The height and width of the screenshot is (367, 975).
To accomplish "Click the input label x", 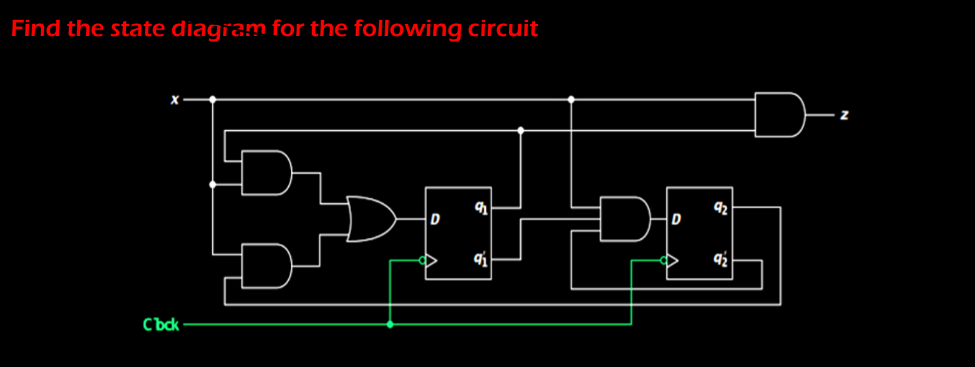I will pyautogui.click(x=174, y=101).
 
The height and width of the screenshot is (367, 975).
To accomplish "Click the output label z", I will pyautogui.click(x=845, y=115).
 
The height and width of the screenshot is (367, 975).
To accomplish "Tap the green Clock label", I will pyautogui.click(x=161, y=325).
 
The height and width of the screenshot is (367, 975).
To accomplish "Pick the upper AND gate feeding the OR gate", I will pyautogui.click(x=266, y=173).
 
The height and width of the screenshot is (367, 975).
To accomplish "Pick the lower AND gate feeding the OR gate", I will pyautogui.click(x=266, y=266).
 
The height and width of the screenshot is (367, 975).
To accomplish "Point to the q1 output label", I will pyautogui.click(x=479, y=207).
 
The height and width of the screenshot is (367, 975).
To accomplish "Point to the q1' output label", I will pyautogui.click(x=479, y=259).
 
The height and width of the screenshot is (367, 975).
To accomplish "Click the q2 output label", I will pyautogui.click(x=721, y=207).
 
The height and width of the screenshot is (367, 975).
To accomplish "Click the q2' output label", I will pyautogui.click(x=721, y=259).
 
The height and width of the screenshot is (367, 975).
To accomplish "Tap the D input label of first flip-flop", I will pyautogui.click(x=435, y=220).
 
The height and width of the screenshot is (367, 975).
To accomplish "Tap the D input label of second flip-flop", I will pyautogui.click(x=676, y=220).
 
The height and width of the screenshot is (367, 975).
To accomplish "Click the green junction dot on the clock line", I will pyautogui.click(x=390, y=325).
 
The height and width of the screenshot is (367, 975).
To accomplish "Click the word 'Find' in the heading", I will pyautogui.click(x=36, y=29).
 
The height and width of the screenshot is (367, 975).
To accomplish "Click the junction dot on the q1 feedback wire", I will pyautogui.click(x=520, y=130).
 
